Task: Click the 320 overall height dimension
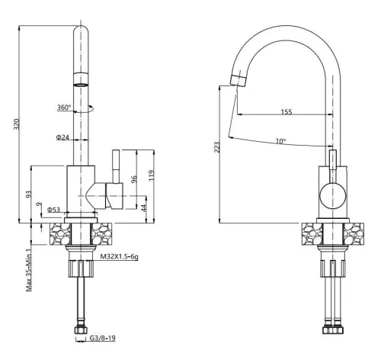pos(17,124)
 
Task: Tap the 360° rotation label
pos(64,108)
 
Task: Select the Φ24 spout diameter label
pos(62,137)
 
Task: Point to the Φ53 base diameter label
pos(53,210)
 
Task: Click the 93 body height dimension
pos(28,194)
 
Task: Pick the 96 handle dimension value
pos(134,179)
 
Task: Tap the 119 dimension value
pos(152,175)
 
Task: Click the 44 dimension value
pos(144,208)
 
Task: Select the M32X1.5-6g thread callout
pos(120,257)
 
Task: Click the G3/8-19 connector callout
pos(103,338)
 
